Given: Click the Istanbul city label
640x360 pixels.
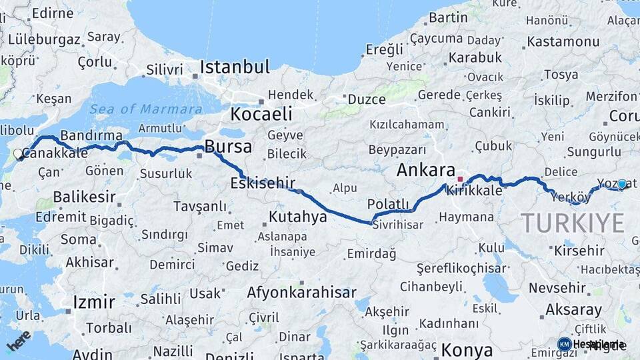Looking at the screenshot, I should click(x=235, y=67).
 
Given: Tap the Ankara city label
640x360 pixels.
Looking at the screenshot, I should click(x=425, y=170).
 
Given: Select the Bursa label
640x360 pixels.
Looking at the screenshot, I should click(x=228, y=147).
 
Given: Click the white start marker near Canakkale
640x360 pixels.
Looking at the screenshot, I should click(x=19, y=154).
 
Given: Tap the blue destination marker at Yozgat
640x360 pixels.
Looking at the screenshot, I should click(x=622, y=185).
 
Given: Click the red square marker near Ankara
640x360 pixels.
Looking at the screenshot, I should click(x=460, y=179).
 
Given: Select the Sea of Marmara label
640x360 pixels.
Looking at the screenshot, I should click(x=146, y=109).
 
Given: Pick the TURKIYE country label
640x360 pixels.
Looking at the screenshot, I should click(x=572, y=222).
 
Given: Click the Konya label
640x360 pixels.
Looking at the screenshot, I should click(x=467, y=350).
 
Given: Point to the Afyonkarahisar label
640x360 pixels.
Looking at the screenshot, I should click(x=301, y=293).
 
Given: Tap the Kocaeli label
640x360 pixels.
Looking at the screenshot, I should click(x=262, y=114).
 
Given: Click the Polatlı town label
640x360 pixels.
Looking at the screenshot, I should click(x=388, y=204).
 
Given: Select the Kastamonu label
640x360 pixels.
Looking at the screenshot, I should click(x=563, y=41).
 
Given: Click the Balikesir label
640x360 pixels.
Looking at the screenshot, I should click(x=85, y=197).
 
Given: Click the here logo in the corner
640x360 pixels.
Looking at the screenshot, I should click(x=18, y=340).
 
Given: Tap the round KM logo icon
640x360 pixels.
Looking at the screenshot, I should click(x=564, y=344).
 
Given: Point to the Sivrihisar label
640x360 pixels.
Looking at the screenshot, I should click(x=398, y=225).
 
